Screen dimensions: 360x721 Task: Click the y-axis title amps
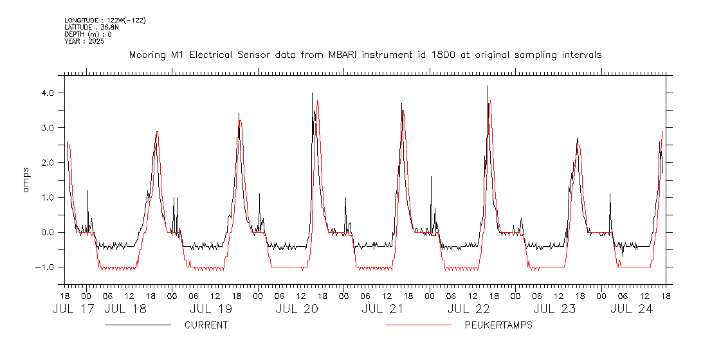pos(26,180)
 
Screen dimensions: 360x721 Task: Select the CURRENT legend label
pos(206,325)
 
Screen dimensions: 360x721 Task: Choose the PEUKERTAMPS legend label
pos(498,325)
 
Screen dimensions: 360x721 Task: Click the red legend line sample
pos(418,325)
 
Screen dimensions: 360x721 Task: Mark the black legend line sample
pos(138,325)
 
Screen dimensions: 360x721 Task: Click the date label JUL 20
pos(297,309)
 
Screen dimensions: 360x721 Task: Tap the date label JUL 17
pos(73,309)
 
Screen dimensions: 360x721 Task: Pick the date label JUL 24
pos(632,309)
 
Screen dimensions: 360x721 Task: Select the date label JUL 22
pos(469,309)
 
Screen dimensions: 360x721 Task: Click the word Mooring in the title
pos(148,55)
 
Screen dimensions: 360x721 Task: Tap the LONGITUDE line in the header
pos(105,21)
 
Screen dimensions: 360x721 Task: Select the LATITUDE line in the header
pos(88,28)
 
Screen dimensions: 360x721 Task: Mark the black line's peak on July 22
pos(488,85)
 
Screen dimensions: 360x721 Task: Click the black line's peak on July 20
pos(312,93)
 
